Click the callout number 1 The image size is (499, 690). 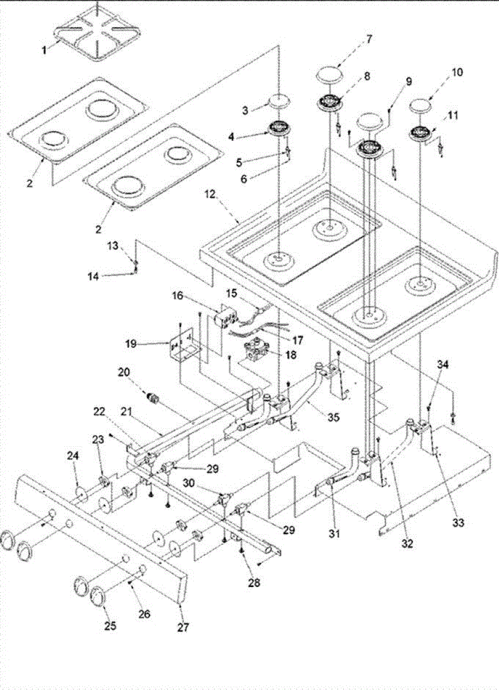(x=44, y=50)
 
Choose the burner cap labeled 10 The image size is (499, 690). (x=421, y=106)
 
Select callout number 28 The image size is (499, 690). (x=254, y=582)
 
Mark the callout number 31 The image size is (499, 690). (x=335, y=533)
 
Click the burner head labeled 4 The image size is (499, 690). (x=278, y=128)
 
